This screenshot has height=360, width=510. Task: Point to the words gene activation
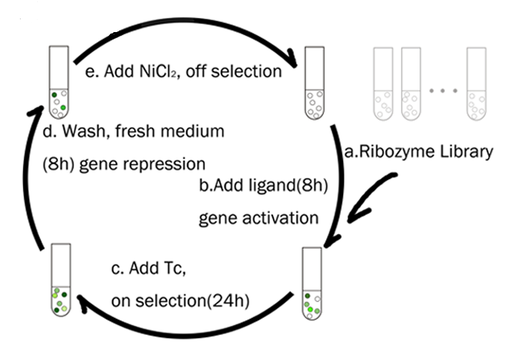pos(259,216)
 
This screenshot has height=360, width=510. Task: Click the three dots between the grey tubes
pos(442,91)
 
